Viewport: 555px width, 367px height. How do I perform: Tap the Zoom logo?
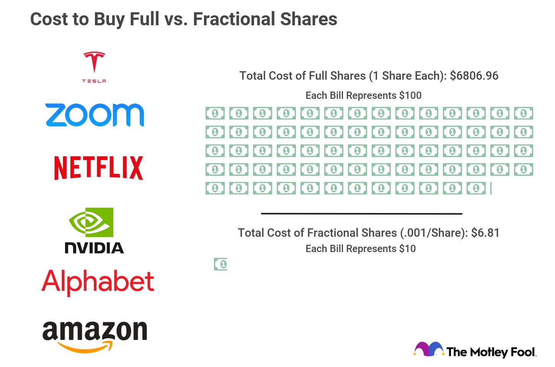(95, 115)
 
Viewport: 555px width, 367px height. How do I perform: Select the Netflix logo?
(98, 168)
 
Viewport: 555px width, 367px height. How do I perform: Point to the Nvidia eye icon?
(91, 222)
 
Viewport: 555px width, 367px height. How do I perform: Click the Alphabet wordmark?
(98, 282)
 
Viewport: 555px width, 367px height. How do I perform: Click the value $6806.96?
(474, 76)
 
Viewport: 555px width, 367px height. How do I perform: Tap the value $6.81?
(485, 233)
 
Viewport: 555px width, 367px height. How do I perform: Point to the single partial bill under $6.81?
(220, 264)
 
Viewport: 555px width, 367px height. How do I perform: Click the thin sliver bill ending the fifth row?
(491, 188)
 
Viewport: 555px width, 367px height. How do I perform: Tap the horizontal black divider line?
(361, 214)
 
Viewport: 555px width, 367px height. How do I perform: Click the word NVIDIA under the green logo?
(94, 248)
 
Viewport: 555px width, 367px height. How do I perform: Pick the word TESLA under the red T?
(94, 81)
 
